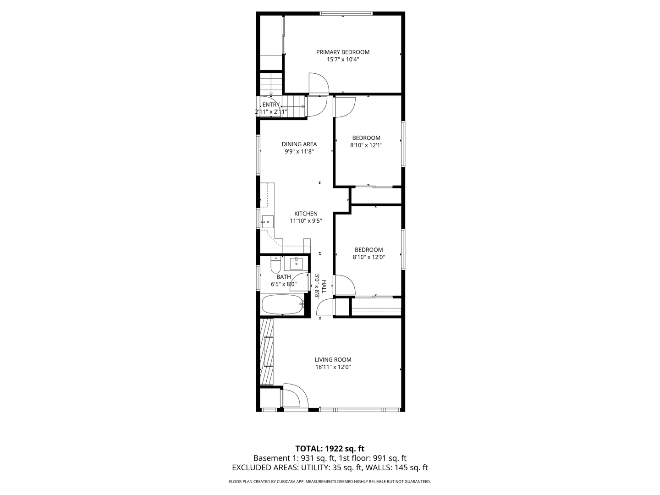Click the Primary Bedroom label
[342, 52]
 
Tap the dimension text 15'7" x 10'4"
[342, 60]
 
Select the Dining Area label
[299, 144]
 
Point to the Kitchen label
[306, 214]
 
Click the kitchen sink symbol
[267, 222]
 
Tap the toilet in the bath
[275, 264]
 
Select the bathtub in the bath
[282, 303]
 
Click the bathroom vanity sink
[296, 264]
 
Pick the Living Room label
[333, 360]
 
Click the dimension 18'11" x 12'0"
[333, 367]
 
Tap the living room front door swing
[293, 396]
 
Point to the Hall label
[324, 287]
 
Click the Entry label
[271, 105]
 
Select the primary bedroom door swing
[318, 83]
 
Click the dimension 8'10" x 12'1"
[366, 145]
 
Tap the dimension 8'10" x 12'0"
[368, 258]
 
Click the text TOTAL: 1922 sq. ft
[330, 449]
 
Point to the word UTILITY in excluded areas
[313, 468]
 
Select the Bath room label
[283, 277]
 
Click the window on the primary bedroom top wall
[346, 14]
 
